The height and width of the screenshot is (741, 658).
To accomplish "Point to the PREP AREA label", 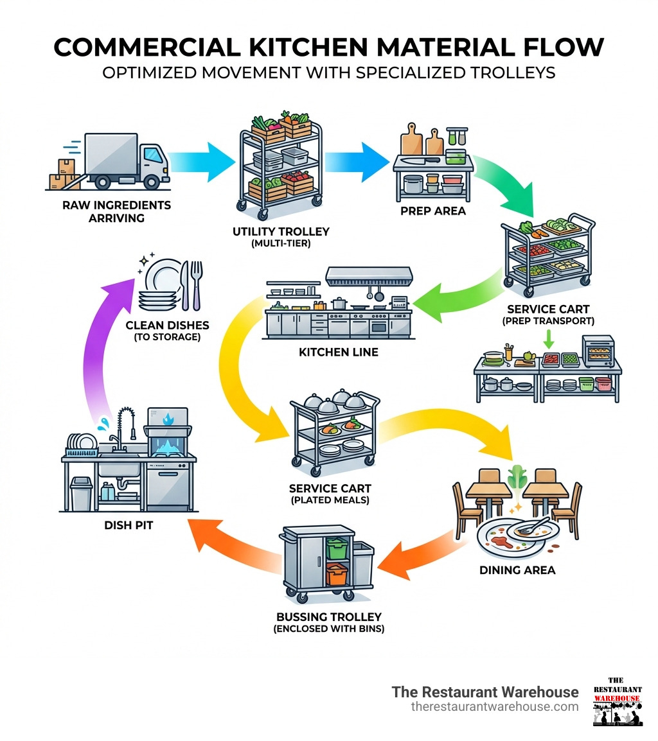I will (432, 211).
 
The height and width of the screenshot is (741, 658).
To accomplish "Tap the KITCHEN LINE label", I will (338, 352).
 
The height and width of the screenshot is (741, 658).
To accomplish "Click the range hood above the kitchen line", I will (368, 277).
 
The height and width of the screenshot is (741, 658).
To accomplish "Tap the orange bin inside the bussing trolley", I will (336, 573).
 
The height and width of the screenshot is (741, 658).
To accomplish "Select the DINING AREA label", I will (517, 570).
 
